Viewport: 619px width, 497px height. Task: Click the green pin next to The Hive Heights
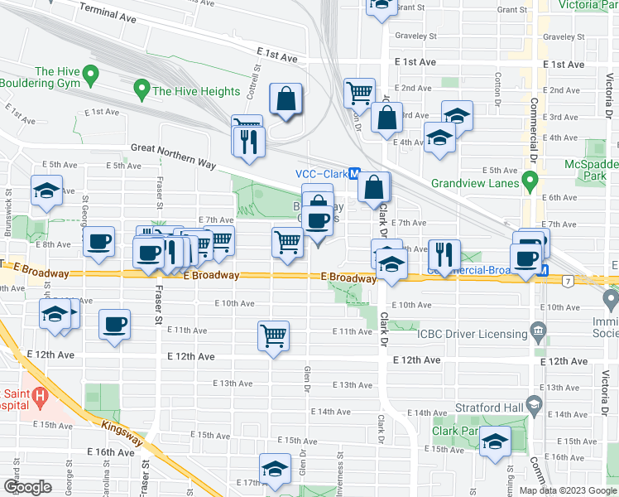(x=142, y=88)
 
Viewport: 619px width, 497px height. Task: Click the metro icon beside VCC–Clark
(x=354, y=174)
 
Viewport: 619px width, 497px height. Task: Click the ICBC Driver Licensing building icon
(x=539, y=334)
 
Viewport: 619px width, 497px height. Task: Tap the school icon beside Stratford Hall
(x=533, y=407)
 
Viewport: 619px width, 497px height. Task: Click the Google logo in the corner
(x=28, y=487)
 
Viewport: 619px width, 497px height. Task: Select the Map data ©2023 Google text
(x=568, y=490)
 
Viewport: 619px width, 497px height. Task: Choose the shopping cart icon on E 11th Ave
(x=274, y=335)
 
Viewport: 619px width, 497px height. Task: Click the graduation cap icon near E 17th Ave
(x=274, y=469)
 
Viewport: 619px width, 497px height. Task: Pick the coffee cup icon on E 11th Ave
(x=115, y=324)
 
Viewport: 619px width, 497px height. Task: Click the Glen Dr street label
(x=306, y=381)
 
